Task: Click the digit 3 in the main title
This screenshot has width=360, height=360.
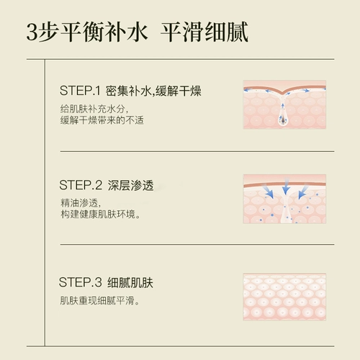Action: (x=32, y=32)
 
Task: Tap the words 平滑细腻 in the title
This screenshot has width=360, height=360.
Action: (x=204, y=32)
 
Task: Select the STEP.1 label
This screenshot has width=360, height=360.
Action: (x=80, y=91)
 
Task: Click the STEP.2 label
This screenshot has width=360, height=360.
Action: (x=81, y=185)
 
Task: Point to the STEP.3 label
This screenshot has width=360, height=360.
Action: (x=81, y=282)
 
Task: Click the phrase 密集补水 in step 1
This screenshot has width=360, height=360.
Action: (x=128, y=91)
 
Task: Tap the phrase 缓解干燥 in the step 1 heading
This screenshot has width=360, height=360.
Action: (x=179, y=91)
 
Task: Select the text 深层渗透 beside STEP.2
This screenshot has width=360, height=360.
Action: (x=130, y=185)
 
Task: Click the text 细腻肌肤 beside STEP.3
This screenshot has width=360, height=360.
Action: (x=130, y=282)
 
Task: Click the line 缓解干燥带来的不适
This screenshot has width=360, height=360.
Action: (x=102, y=120)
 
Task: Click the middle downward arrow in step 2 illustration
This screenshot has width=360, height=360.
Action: (x=286, y=186)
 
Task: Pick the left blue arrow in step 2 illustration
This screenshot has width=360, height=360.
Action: (x=268, y=191)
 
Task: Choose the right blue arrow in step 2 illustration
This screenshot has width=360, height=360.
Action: (x=303, y=191)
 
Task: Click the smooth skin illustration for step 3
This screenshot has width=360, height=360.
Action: (x=284, y=297)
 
